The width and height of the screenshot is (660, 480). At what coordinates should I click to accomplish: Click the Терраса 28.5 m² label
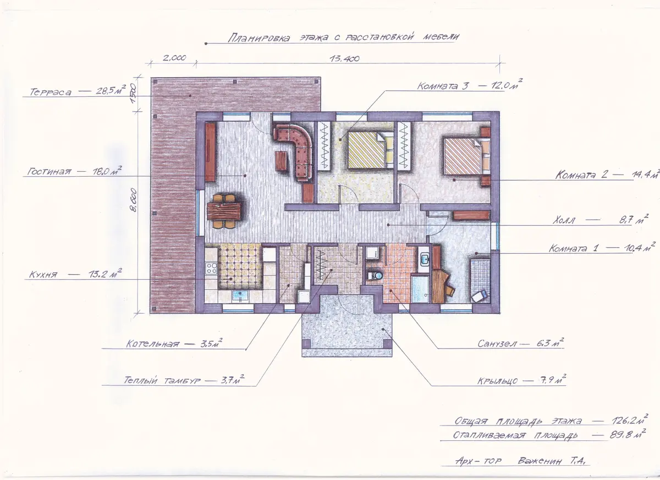(78, 90)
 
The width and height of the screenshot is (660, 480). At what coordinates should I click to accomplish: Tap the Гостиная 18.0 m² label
(74, 171)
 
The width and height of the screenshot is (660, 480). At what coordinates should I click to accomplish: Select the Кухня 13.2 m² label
(75, 274)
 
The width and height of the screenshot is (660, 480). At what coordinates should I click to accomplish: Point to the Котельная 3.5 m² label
(174, 343)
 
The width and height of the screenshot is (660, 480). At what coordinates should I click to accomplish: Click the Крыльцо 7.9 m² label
(522, 380)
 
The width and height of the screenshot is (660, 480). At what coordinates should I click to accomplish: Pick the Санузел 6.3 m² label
(521, 343)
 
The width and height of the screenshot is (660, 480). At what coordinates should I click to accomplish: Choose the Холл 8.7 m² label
(601, 220)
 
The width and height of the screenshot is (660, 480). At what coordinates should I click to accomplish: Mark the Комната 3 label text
(443, 85)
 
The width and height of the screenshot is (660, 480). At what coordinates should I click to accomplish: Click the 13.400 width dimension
(344, 59)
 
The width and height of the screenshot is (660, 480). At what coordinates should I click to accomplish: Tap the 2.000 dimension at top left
(174, 58)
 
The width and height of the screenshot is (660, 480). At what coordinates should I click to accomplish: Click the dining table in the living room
(224, 211)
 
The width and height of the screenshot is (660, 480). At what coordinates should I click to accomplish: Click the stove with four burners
(211, 268)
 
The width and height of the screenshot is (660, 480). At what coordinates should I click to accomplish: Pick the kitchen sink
(240, 296)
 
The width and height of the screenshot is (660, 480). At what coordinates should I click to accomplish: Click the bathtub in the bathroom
(420, 289)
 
